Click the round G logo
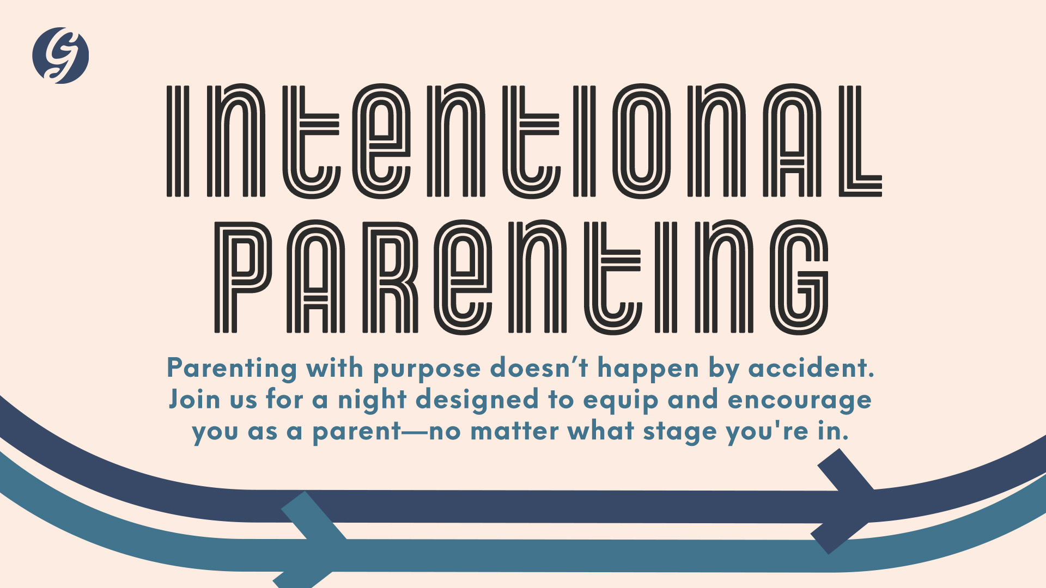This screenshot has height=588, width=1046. point(60,55)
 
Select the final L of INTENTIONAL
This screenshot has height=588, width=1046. point(860,140)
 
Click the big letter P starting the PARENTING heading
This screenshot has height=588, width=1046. point(242,277)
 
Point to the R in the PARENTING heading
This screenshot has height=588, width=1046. point(390,277)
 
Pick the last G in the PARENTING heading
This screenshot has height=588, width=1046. point(799,277)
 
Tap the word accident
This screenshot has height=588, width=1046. point(811,368)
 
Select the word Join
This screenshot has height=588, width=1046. point(194,399)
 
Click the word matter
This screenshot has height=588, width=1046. point(514,432)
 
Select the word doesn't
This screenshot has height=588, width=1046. point(539,368)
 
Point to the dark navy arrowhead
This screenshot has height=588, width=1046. point(848,501)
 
